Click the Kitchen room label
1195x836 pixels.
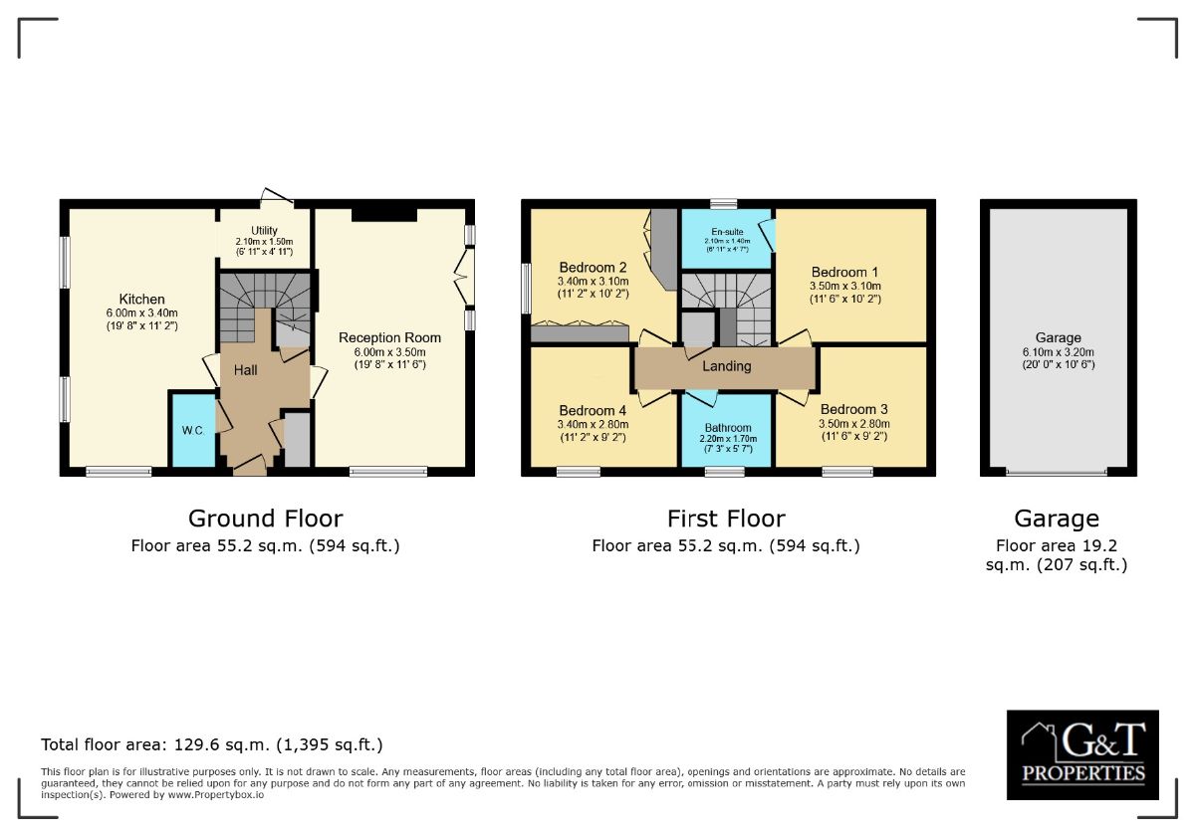pos(142,300)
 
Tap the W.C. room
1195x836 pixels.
pos(192,430)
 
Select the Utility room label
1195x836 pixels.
pos(264,231)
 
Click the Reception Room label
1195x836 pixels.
pos(389,337)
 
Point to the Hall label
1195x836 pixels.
pos(246,370)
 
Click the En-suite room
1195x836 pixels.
pos(726,239)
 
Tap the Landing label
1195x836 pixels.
pos(726,366)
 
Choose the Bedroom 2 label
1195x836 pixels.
pos(593,268)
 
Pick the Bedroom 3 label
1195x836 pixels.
pos(853,409)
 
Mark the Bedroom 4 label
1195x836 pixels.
pos(593,410)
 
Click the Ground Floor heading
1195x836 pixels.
pos(265,519)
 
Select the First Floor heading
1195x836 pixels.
pos(726,519)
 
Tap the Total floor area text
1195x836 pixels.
pos(211,744)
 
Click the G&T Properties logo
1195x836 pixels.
pos(1082,754)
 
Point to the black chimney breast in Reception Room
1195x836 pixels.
pos(383,214)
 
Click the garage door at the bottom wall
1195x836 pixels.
pos(1057,472)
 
